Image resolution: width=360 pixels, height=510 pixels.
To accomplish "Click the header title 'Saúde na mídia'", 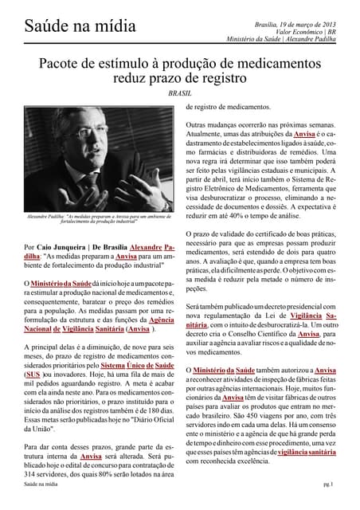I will (x=68, y=29).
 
